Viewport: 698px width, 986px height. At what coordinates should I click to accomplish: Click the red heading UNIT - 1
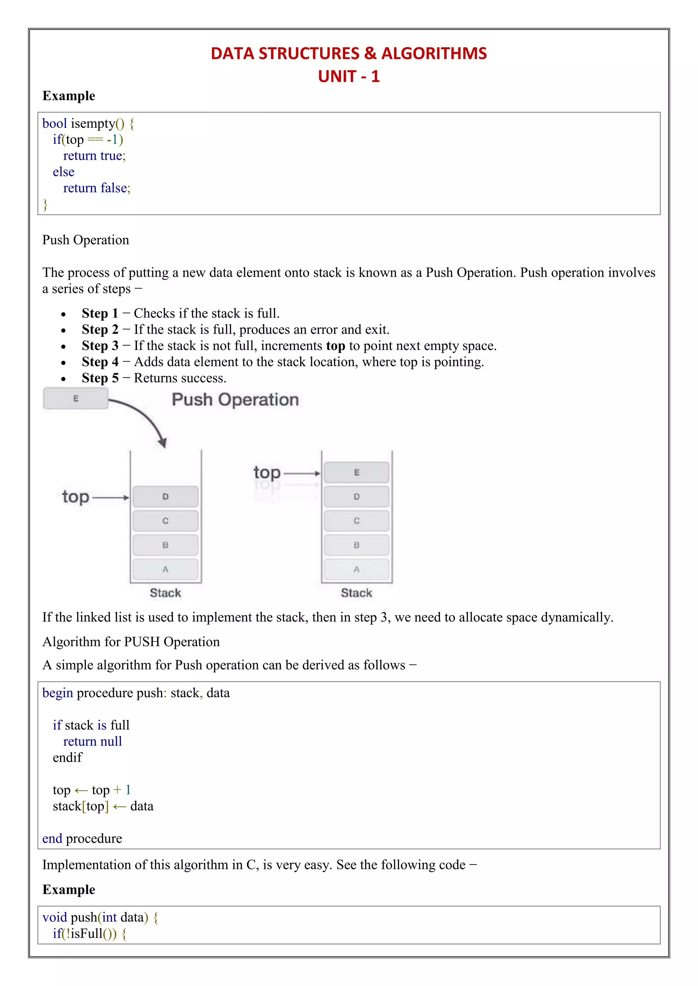[x=349, y=77]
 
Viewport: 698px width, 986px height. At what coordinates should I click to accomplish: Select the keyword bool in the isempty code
[x=55, y=124]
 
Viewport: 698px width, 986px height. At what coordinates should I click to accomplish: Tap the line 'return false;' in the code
[x=97, y=188]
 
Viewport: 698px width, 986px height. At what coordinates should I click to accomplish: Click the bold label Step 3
[x=100, y=346]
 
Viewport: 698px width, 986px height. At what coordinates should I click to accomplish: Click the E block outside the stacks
[x=76, y=399]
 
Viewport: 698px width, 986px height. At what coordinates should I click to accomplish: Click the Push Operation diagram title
[x=235, y=399]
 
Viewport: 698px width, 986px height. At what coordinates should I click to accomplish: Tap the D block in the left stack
[x=166, y=497]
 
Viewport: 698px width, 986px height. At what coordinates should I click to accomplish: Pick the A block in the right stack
[x=356, y=570]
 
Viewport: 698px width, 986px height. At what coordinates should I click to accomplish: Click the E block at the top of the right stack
[x=356, y=472]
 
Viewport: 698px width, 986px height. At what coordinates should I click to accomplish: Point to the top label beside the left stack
[x=76, y=497]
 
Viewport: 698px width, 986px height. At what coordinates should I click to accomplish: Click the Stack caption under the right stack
[x=356, y=593]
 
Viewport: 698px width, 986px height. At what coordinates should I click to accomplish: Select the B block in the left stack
[x=166, y=545]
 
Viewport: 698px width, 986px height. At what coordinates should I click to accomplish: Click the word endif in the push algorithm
[x=67, y=758]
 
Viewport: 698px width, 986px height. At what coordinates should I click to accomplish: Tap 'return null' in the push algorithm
[x=92, y=742]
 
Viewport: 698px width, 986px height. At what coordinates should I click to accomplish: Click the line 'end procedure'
[x=82, y=838]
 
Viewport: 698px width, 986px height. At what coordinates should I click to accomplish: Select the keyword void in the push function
[x=55, y=917]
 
